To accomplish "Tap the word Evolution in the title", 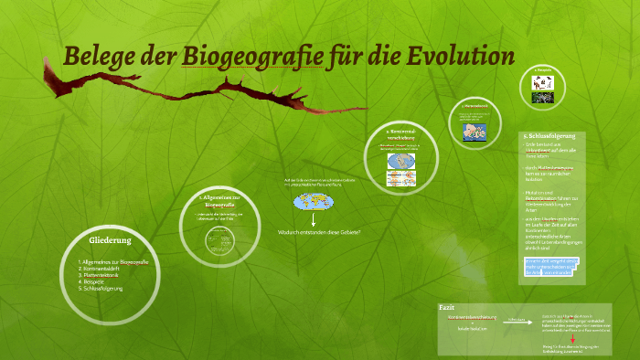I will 458,56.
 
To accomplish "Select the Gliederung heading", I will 112,240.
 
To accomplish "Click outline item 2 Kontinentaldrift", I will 109,268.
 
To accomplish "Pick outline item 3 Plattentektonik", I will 107,274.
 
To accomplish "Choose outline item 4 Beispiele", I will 99,281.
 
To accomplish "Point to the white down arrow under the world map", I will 312,219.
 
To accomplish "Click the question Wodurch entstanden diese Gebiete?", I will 318,232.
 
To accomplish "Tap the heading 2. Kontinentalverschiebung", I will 401,137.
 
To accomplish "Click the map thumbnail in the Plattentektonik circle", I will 475,130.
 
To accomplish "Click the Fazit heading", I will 447,308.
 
